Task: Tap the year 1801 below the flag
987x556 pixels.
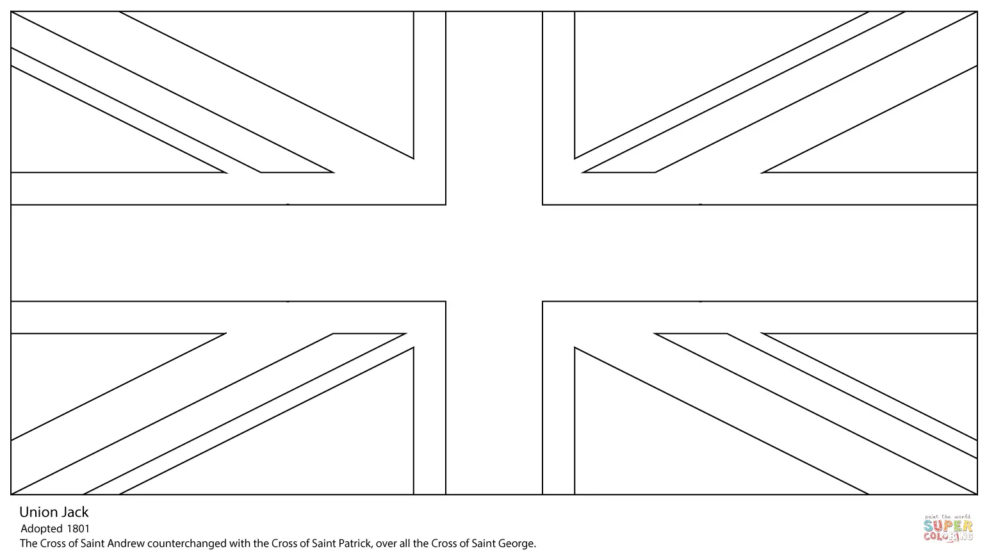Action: coord(78,528)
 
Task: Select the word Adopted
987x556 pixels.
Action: coord(42,528)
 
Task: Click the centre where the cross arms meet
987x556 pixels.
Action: coord(494,253)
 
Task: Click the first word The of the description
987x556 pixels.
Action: coord(28,544)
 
